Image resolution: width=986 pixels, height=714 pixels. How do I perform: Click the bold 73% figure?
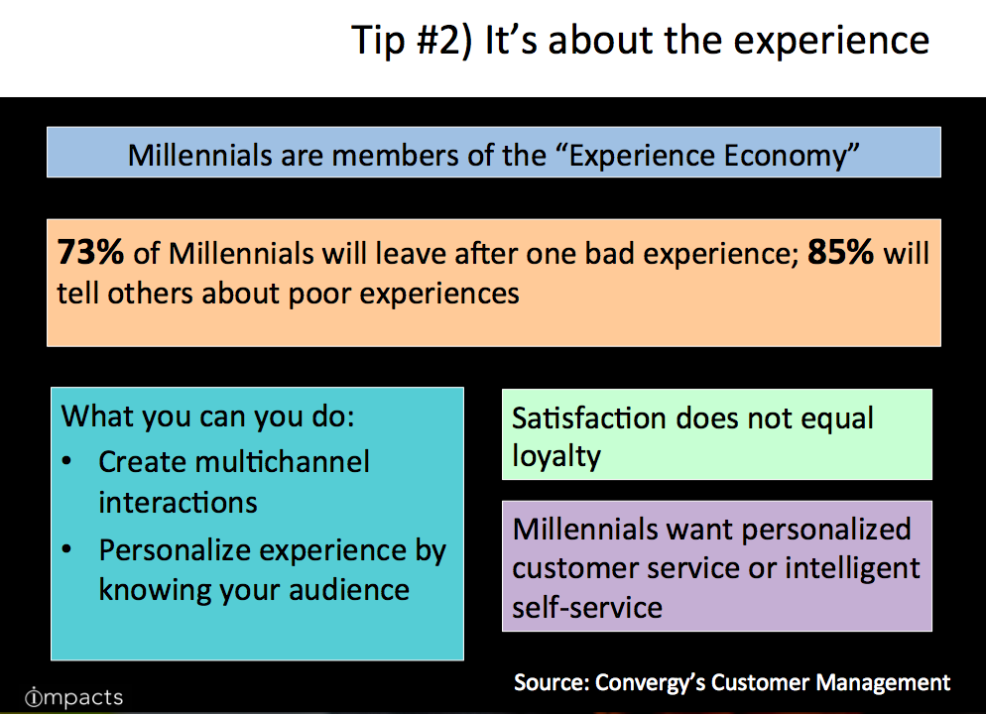coord(90,252)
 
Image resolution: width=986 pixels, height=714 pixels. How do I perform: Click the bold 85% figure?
coord(841,252)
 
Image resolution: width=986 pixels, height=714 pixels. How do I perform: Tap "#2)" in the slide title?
coord(443,41)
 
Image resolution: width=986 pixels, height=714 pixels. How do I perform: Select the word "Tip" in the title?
coord(377,41)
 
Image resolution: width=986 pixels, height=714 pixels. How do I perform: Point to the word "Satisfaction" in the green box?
coord(588,417)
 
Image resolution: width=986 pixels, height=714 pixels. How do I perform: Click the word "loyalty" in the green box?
coord(556,456)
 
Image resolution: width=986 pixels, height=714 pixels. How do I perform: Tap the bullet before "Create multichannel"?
coord(67,462)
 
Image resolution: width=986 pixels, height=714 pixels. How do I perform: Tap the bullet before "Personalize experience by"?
coord(67,550)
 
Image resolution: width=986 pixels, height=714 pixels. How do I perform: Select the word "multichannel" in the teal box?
coord(283,462)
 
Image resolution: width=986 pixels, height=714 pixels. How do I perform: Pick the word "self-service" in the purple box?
coord(587,607)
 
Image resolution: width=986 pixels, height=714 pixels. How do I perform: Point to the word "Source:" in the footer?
coord(551,682)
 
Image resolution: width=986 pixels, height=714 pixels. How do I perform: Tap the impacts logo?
coord(73,697)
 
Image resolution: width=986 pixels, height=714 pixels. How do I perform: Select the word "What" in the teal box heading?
coord(95,416)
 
